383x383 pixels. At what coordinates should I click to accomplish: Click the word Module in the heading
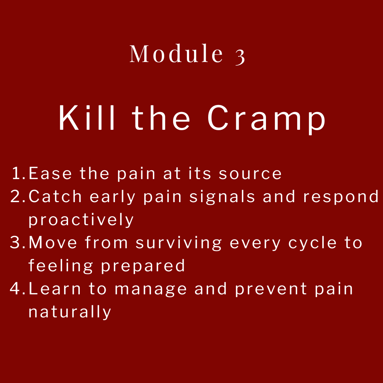(x=176, y=53)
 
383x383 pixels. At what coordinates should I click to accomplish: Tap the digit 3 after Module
(x=240, y=57)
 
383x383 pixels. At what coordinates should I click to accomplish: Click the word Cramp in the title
(x=266, y=120)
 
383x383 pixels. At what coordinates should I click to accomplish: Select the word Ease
(x=50, y=173)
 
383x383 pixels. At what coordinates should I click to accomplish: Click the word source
(x=250, y=174)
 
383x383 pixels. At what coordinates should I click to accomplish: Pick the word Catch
(x=55, y=196)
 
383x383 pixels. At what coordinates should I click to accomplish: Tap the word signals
(x=222, y=198)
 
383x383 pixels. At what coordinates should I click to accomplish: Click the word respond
(x=341, y=198)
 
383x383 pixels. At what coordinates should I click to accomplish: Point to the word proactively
(x=81, y=220)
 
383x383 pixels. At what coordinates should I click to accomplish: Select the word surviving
(x=179, y=243)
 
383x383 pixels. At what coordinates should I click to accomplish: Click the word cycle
(x=313, y=243)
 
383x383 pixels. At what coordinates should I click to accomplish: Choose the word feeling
(x=61, y=266)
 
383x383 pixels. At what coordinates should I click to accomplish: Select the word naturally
(x=70, y=312)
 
